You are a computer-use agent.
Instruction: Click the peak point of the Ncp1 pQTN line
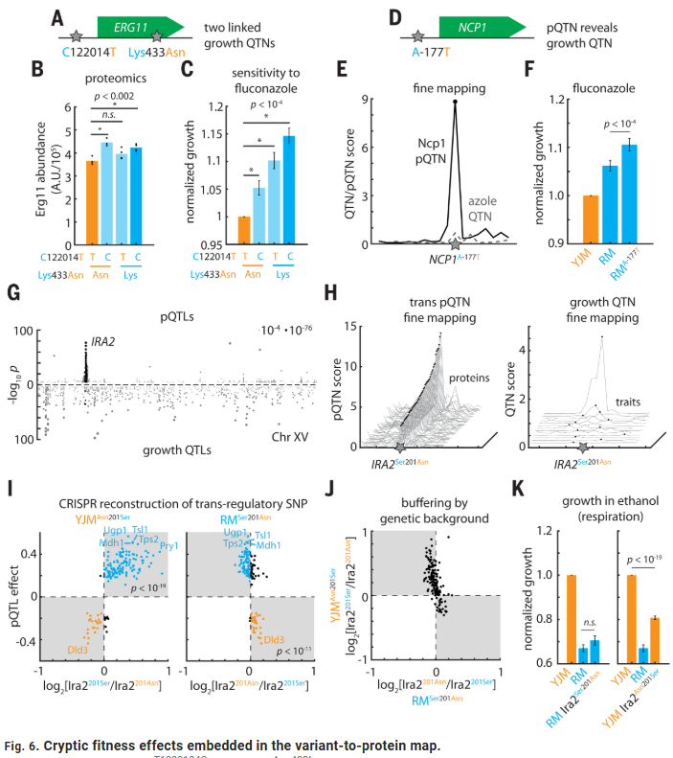point(454,101)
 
